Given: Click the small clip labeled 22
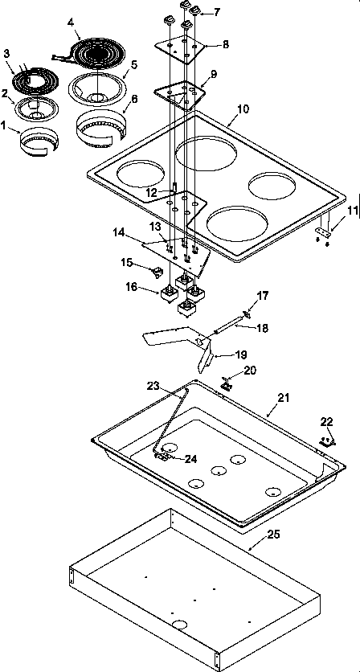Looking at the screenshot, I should (x=325, y=440).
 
